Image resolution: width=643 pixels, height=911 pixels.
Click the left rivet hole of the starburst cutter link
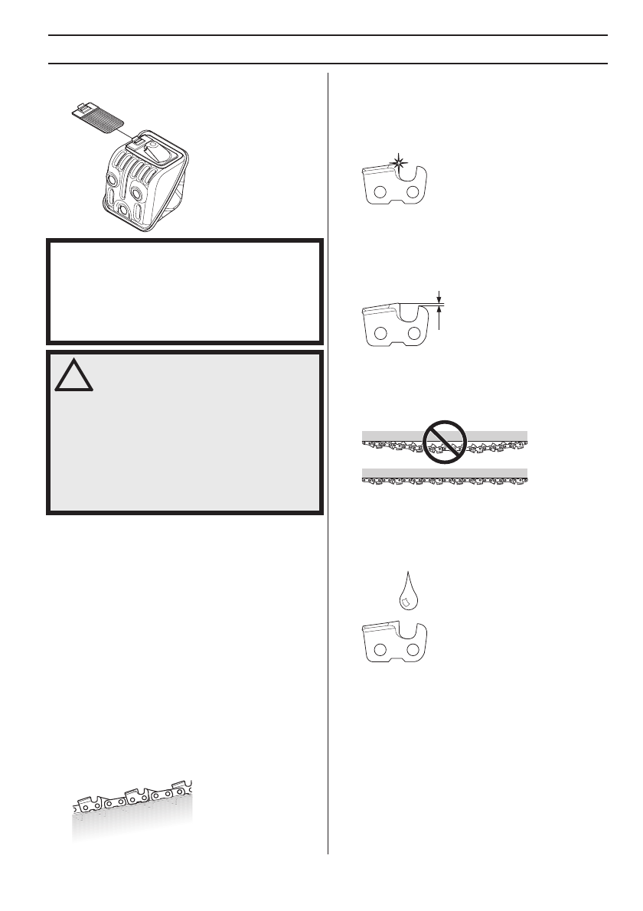coord(379,191)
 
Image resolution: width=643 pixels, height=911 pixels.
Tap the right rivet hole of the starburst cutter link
coord(412,191)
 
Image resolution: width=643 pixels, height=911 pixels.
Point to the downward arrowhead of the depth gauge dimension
coord(440,299)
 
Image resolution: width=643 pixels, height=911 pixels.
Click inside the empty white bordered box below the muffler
coord(184,290)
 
